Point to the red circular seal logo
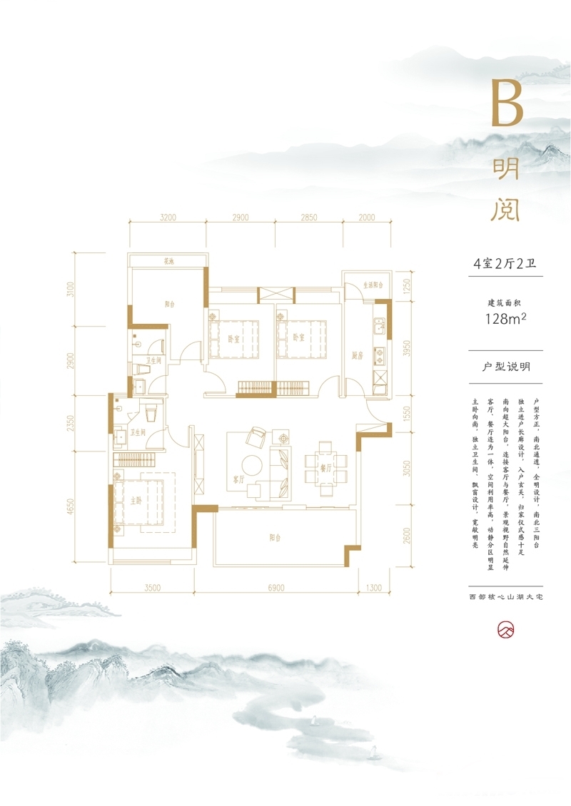coord(505,629)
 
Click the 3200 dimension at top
coord(168,217)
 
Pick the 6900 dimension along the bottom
coord(276,588)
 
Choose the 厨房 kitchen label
coord(358,354)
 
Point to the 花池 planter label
coord(168,262)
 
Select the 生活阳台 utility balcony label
coord(373,285)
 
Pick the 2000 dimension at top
coord(366,217)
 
